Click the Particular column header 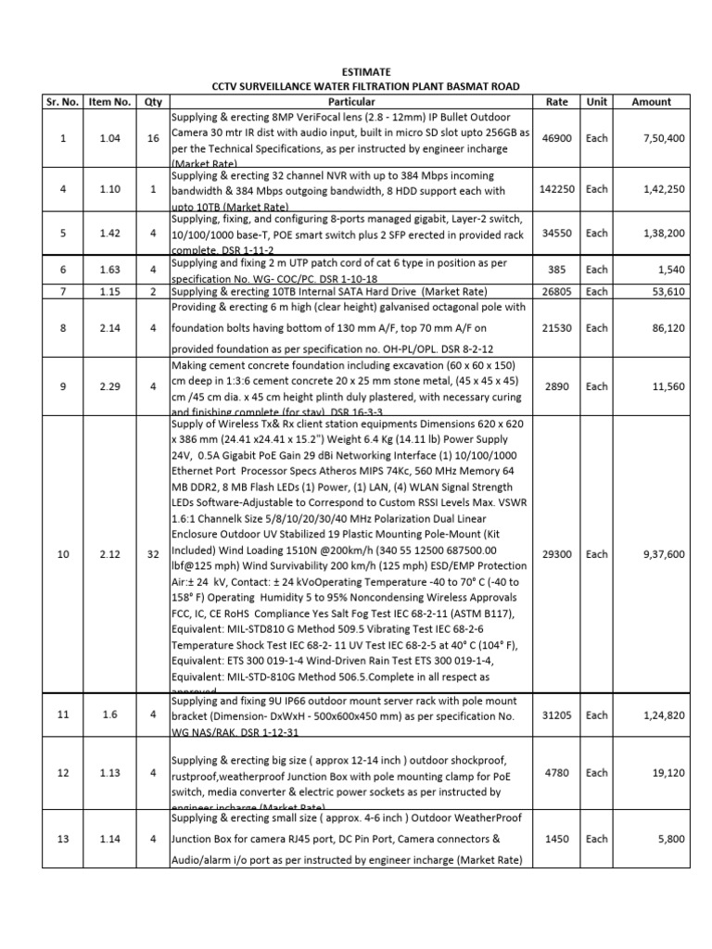pyautogui.click(x=351, y=101)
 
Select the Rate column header pyautogui.click(x=557, y=101)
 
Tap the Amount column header pyautogui.click(x=651, y=101)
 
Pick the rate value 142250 pyautogui.click(x=557, y=189)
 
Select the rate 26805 pyautogui.click(x=557, y=291)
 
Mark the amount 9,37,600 pyautogui.click(x=659, y=554)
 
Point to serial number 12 pyautogui.click(x=62, y=772)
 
